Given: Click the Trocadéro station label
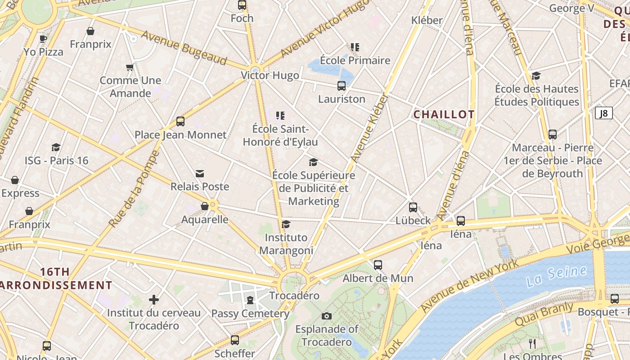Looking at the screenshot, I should pyautogui.click(x=294, y=296).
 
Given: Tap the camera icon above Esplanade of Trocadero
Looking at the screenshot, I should pyautogui.click(x=327, y=316).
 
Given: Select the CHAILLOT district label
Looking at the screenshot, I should pyautogui.click(x=444, y=114).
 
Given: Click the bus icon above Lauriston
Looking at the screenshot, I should pyautogui.click(x=342, y=85).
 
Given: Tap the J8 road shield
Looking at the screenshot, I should pyautogui.click(x=603, y=113).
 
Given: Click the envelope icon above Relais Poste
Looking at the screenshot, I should pyautogui.click(x=200, y=174).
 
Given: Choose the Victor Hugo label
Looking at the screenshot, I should pyautogui.click(x=270, y=75).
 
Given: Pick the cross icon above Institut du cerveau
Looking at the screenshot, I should pyautogui.click(x=154, y=299).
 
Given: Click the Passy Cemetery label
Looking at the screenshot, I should pyautogui.click(x=250, y=313).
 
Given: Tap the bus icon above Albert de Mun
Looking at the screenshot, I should pyautogui.click(x=378, y=265).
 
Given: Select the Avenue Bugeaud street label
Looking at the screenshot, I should pyautogui.click(x=184, y=47).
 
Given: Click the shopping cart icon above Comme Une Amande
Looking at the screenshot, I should pyautogui.click(x=130, y=67).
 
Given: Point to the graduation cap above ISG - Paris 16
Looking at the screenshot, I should pyautogui.click(x=56, y=147).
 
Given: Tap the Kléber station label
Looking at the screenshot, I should pyautogui.click(x=427, y=20).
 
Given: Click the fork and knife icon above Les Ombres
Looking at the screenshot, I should pyautogui.click(x=532, y=344).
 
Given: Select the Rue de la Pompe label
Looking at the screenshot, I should pyautogui.click(x=134, y=189).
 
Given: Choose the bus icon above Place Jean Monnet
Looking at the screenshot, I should pyautogui.click(x=180, y=121).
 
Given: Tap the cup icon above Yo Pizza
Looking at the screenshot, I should pyautogui.click(x=43, y=39).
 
